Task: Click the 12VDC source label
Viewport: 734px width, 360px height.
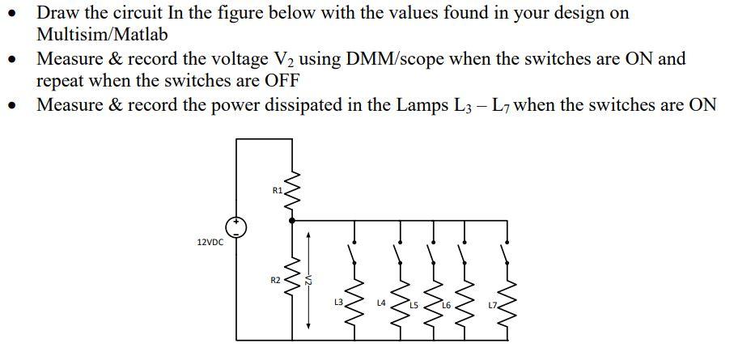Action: pos(210,242)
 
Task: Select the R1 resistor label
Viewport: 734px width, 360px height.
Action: pos(278,192)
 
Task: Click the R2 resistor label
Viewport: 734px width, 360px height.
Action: pos(276,280)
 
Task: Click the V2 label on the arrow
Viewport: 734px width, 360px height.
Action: pos(308,280)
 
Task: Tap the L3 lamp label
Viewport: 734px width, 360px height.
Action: pos(338,302)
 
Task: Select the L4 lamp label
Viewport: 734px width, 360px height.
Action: pos(381,302)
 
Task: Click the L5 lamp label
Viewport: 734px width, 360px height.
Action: pos(414,305)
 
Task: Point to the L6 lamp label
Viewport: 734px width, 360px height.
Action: pos(446,305)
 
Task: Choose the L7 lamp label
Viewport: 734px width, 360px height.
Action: pos(492,305)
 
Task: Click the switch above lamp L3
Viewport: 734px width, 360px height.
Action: pos(354,256)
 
